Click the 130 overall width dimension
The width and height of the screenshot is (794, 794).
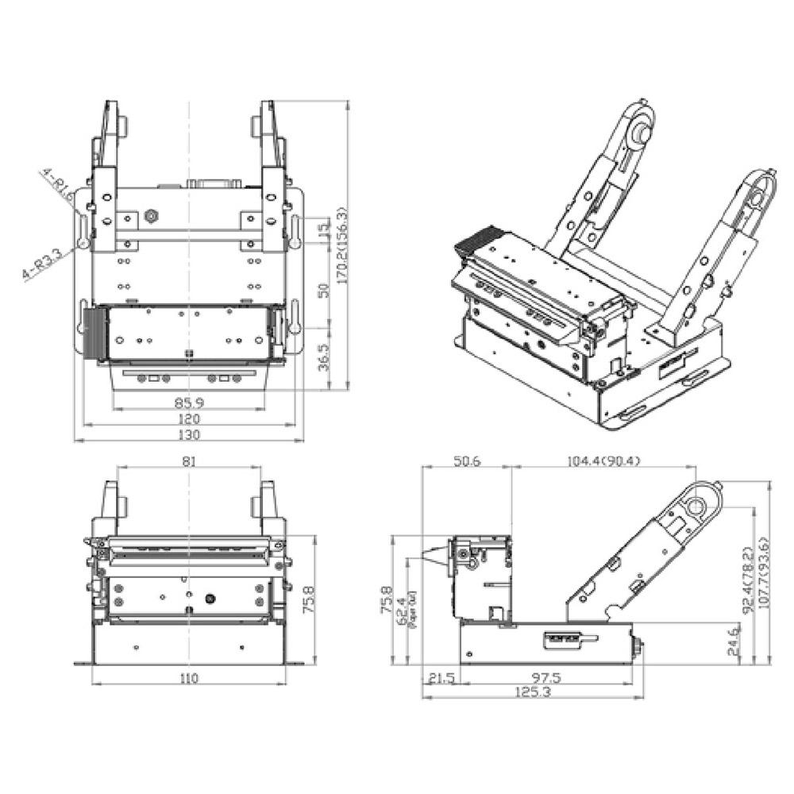[189, 434]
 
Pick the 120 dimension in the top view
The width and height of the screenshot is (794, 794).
[189, 418]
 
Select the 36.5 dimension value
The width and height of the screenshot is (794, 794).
[322, 358]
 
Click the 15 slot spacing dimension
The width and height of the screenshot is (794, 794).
[322, 232]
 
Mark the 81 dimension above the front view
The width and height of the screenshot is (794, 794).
[189, 461]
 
